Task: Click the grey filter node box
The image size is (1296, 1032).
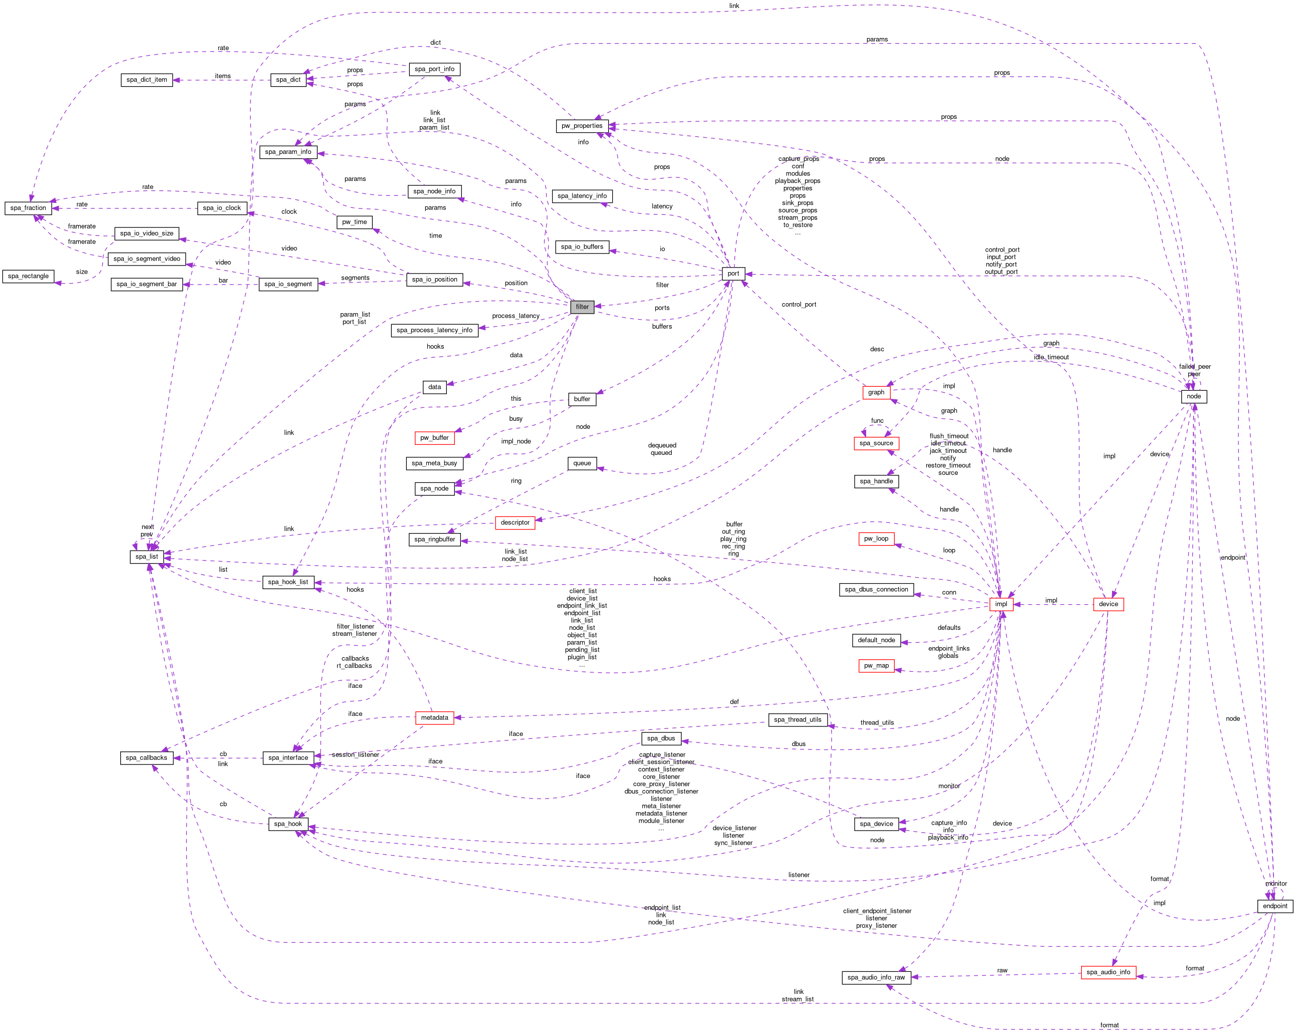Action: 582,307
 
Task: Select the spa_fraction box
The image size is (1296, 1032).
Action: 28,208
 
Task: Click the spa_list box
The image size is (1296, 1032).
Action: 147,557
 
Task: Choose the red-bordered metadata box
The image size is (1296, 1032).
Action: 434,718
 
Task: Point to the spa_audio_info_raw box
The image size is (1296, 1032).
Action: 876,977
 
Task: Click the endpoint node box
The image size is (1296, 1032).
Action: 1274,906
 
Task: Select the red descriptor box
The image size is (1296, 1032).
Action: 514,523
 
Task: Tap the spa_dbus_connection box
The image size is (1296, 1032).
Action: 876,589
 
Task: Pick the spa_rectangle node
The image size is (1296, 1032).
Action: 28,276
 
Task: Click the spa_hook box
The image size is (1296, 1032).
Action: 288,824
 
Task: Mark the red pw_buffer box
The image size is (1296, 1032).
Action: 434,437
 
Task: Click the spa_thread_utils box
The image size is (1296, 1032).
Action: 797,719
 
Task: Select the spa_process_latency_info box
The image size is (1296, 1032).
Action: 434,330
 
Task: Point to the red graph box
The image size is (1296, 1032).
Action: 876,392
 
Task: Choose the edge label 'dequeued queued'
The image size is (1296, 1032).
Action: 661,449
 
